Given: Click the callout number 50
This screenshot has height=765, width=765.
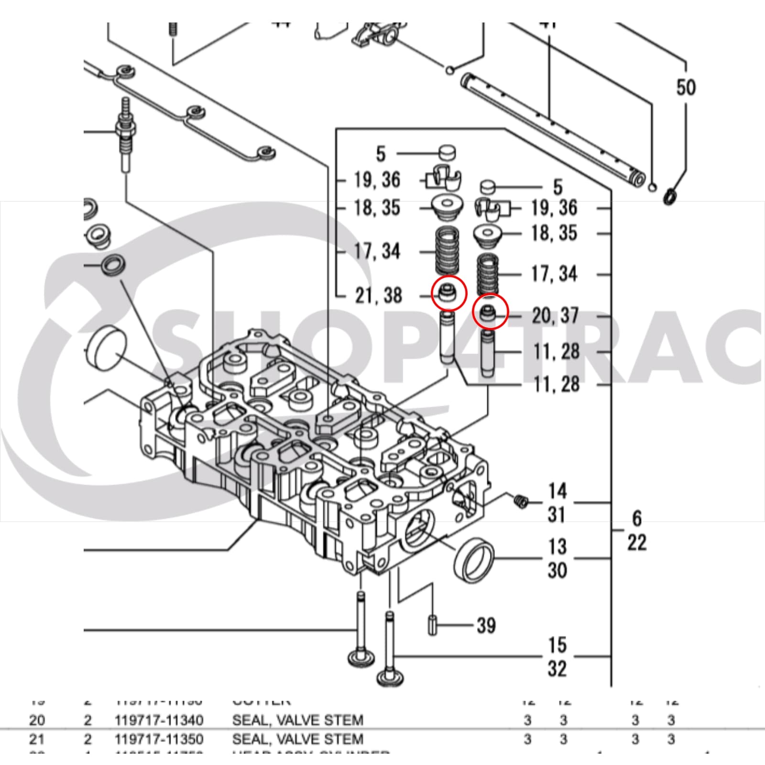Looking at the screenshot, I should click(x=686, y=87).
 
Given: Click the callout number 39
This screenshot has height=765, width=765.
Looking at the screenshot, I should click(x=486, y=625).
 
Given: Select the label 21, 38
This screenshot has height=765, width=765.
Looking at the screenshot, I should click(x=378, y=295).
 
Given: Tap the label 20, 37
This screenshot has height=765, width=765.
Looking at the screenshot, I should click(x=555, y=316).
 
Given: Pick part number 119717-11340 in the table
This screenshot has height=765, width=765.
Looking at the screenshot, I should click(x=159, y=720).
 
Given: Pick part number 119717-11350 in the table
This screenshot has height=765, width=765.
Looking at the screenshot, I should click(x=159, y=739).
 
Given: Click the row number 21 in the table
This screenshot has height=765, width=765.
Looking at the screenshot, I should click(x=37, y=739).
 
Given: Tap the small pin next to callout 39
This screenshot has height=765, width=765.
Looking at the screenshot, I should click(x=433, y=626).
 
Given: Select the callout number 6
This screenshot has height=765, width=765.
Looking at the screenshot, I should click(x=636, y=518).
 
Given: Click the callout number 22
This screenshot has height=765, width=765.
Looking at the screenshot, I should click(x=636, y=543).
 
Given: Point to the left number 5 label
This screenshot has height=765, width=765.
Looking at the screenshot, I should click(x=381, y=154).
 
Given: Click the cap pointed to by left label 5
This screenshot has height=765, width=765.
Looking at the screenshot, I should click(x=447, y=153).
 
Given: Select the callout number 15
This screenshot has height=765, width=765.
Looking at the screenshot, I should click(x=557, y=645).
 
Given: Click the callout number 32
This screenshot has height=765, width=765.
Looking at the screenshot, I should click(x=557, y=669).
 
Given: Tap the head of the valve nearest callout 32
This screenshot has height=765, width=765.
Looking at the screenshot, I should click(x=388, y=678).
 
